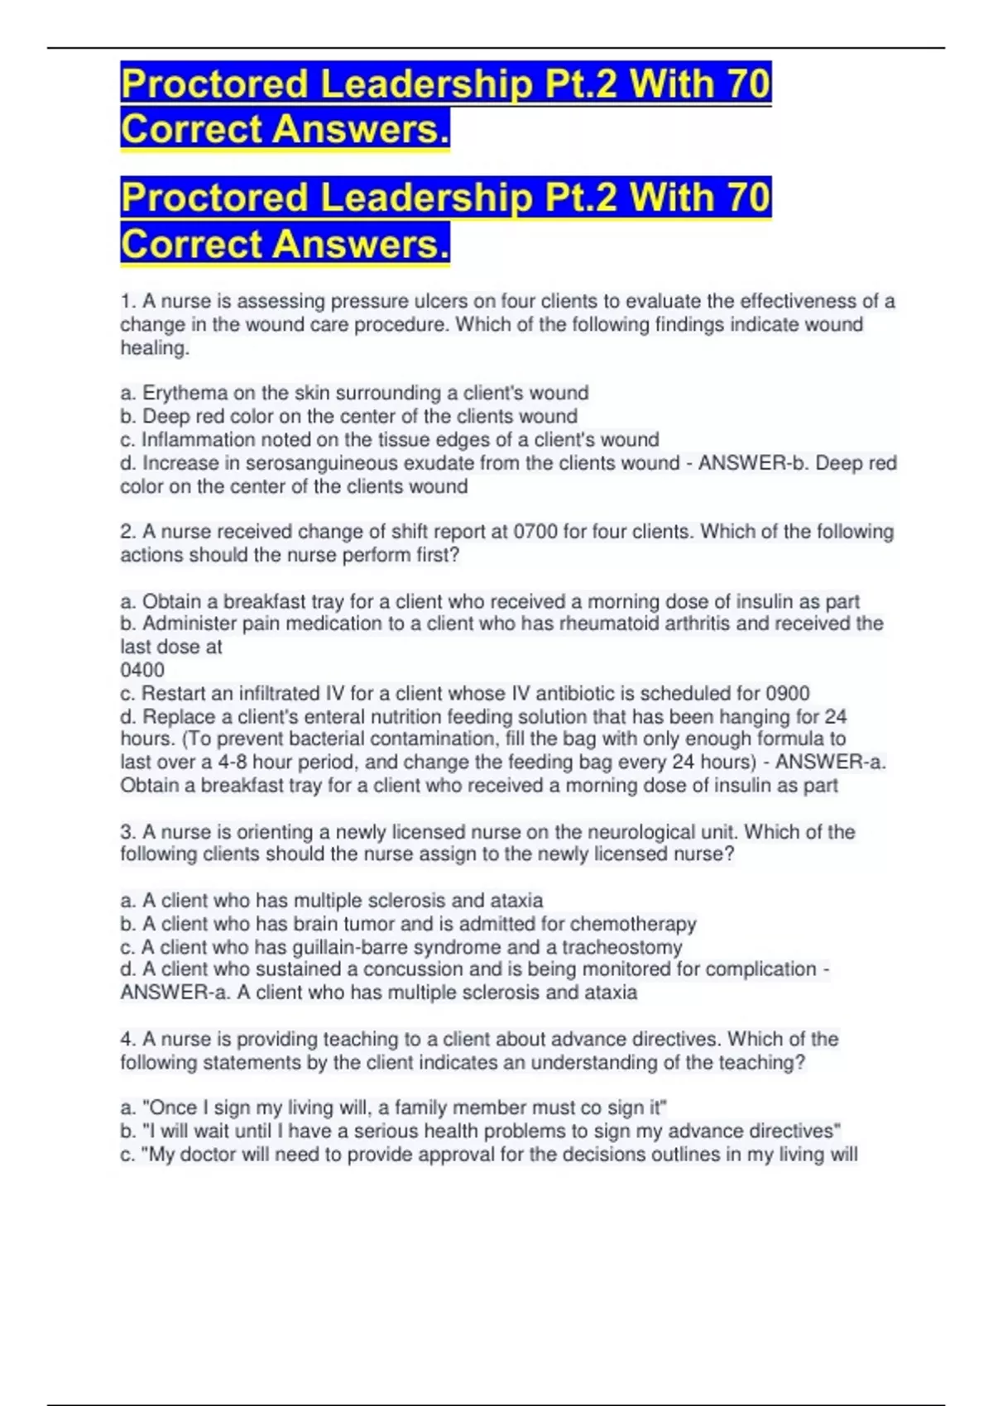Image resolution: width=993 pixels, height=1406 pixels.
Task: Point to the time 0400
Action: tap(142, 670)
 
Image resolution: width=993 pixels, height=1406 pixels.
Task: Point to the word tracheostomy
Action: tap(622, 947)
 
